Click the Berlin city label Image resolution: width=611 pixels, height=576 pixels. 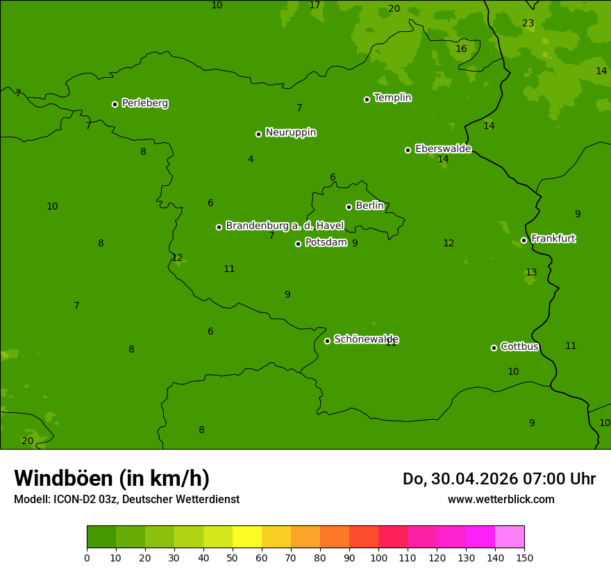[369, 206]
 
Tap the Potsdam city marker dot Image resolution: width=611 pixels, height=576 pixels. [299, 244]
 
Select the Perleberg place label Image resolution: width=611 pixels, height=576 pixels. [145, 103]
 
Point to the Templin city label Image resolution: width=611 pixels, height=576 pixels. [392, 98]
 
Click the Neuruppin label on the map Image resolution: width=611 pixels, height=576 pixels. [291, 133]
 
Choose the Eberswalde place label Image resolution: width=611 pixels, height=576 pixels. [443, 149]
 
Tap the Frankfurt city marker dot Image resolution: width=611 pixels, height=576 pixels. [524, 241]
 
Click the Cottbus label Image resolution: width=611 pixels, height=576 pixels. [519, 347]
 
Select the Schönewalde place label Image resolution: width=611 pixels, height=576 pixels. [366, 339]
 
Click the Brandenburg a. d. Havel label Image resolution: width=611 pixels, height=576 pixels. [285, 226]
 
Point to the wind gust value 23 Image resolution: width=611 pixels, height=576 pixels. [528, 24]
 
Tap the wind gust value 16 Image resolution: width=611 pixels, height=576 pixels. [461, 49]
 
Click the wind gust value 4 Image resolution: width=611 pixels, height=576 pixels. [251, 160]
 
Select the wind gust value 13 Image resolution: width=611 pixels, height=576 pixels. [531, 273]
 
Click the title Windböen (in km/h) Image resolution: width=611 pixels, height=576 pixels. [112, 478]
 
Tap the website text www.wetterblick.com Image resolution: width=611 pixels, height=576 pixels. [501, 500]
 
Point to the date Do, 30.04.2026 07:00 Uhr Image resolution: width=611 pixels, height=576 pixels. [499, 479]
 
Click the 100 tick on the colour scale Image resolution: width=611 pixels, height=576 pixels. [378, 557]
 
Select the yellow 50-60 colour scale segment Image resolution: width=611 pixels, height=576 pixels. [247, 537]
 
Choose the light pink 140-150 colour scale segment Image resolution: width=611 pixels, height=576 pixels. [510, 537]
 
